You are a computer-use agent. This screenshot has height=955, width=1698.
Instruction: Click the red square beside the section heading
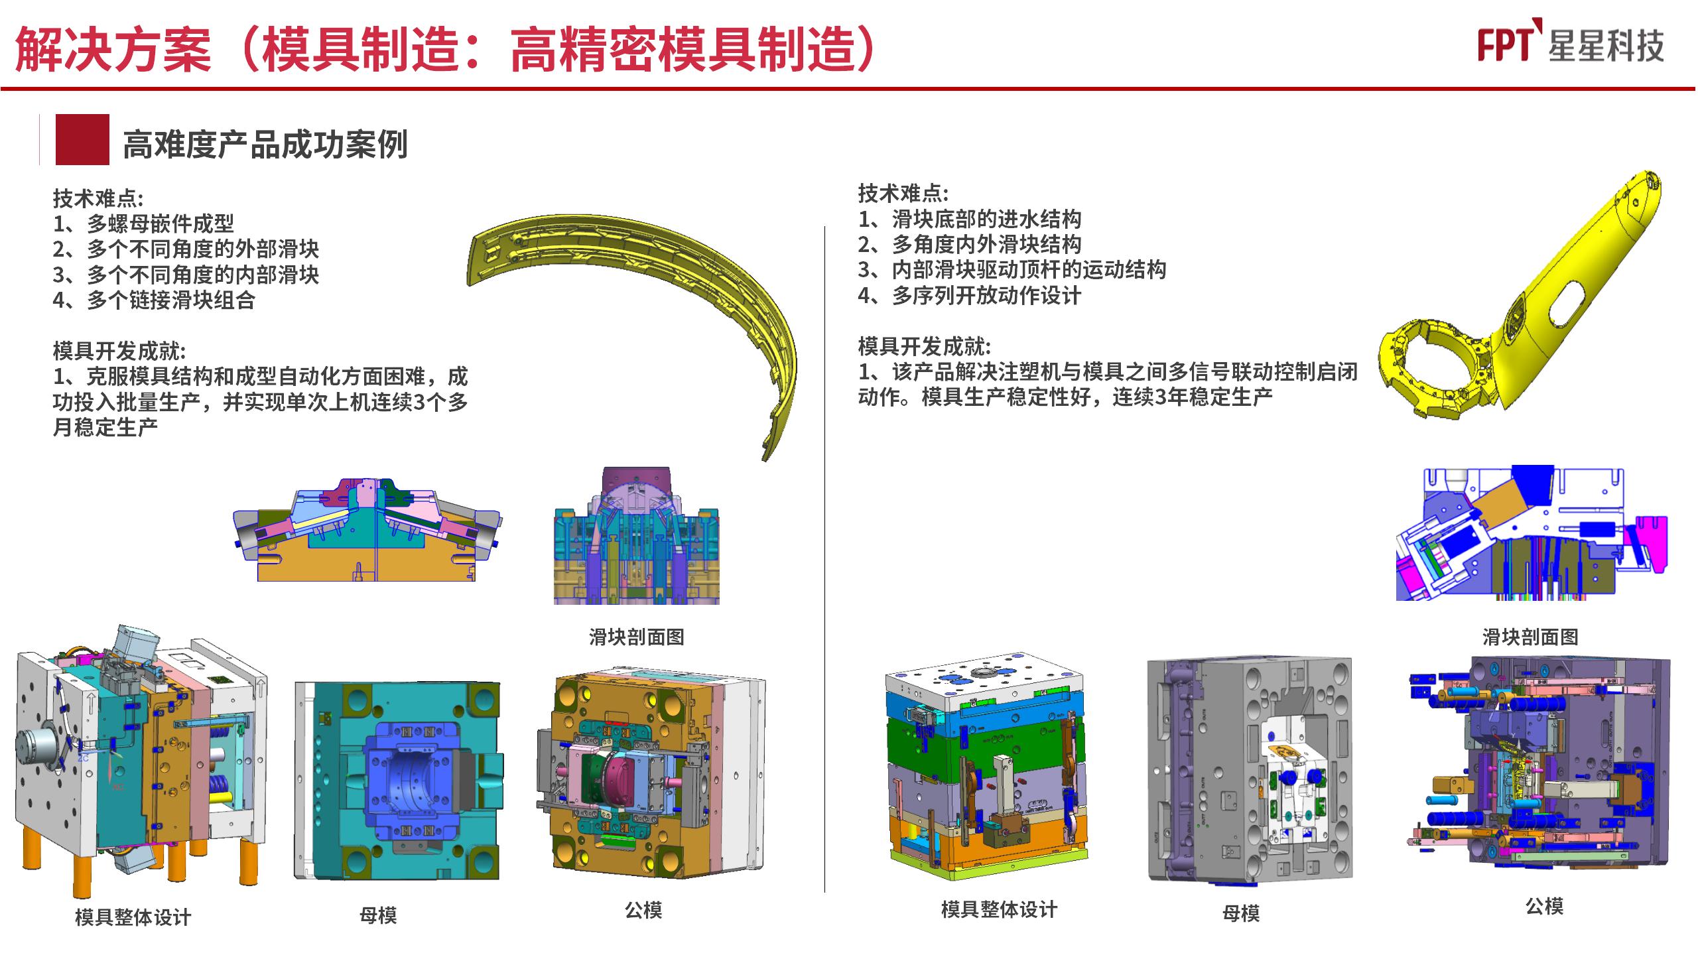coord(82,139)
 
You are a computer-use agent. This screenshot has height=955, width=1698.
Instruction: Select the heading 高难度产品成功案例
coord(265,144)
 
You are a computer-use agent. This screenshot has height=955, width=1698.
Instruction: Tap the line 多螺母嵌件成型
coord(160,223)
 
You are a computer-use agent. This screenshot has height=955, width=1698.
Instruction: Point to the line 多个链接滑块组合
coord(170,300)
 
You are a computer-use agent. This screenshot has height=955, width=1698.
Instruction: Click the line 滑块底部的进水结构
coord(986,219)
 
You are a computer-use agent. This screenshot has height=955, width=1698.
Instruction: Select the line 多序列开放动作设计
coord(986,295)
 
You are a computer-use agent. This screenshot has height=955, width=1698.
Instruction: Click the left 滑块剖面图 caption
coord(637,637)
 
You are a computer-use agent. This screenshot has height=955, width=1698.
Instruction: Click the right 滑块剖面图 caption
coord(1530,637)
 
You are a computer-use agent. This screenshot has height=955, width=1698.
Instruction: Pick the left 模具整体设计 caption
coord(133,917)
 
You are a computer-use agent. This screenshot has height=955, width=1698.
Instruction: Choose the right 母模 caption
coord(1240,913)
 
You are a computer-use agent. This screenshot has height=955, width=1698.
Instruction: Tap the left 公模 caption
coord(643,910)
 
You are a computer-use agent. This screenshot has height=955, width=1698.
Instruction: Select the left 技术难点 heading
coord(98,198)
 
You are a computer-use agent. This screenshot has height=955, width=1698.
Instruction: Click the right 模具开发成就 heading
coord(924,346)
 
